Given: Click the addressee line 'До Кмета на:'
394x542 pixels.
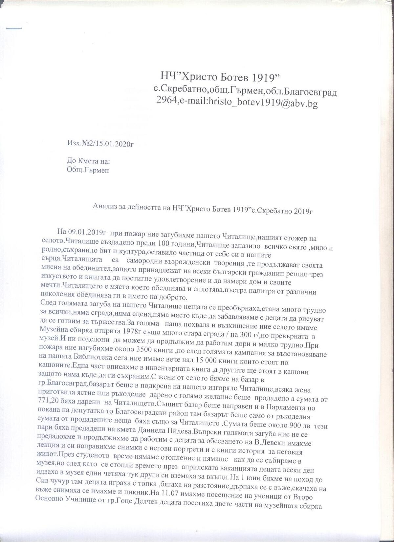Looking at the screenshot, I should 88,161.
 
